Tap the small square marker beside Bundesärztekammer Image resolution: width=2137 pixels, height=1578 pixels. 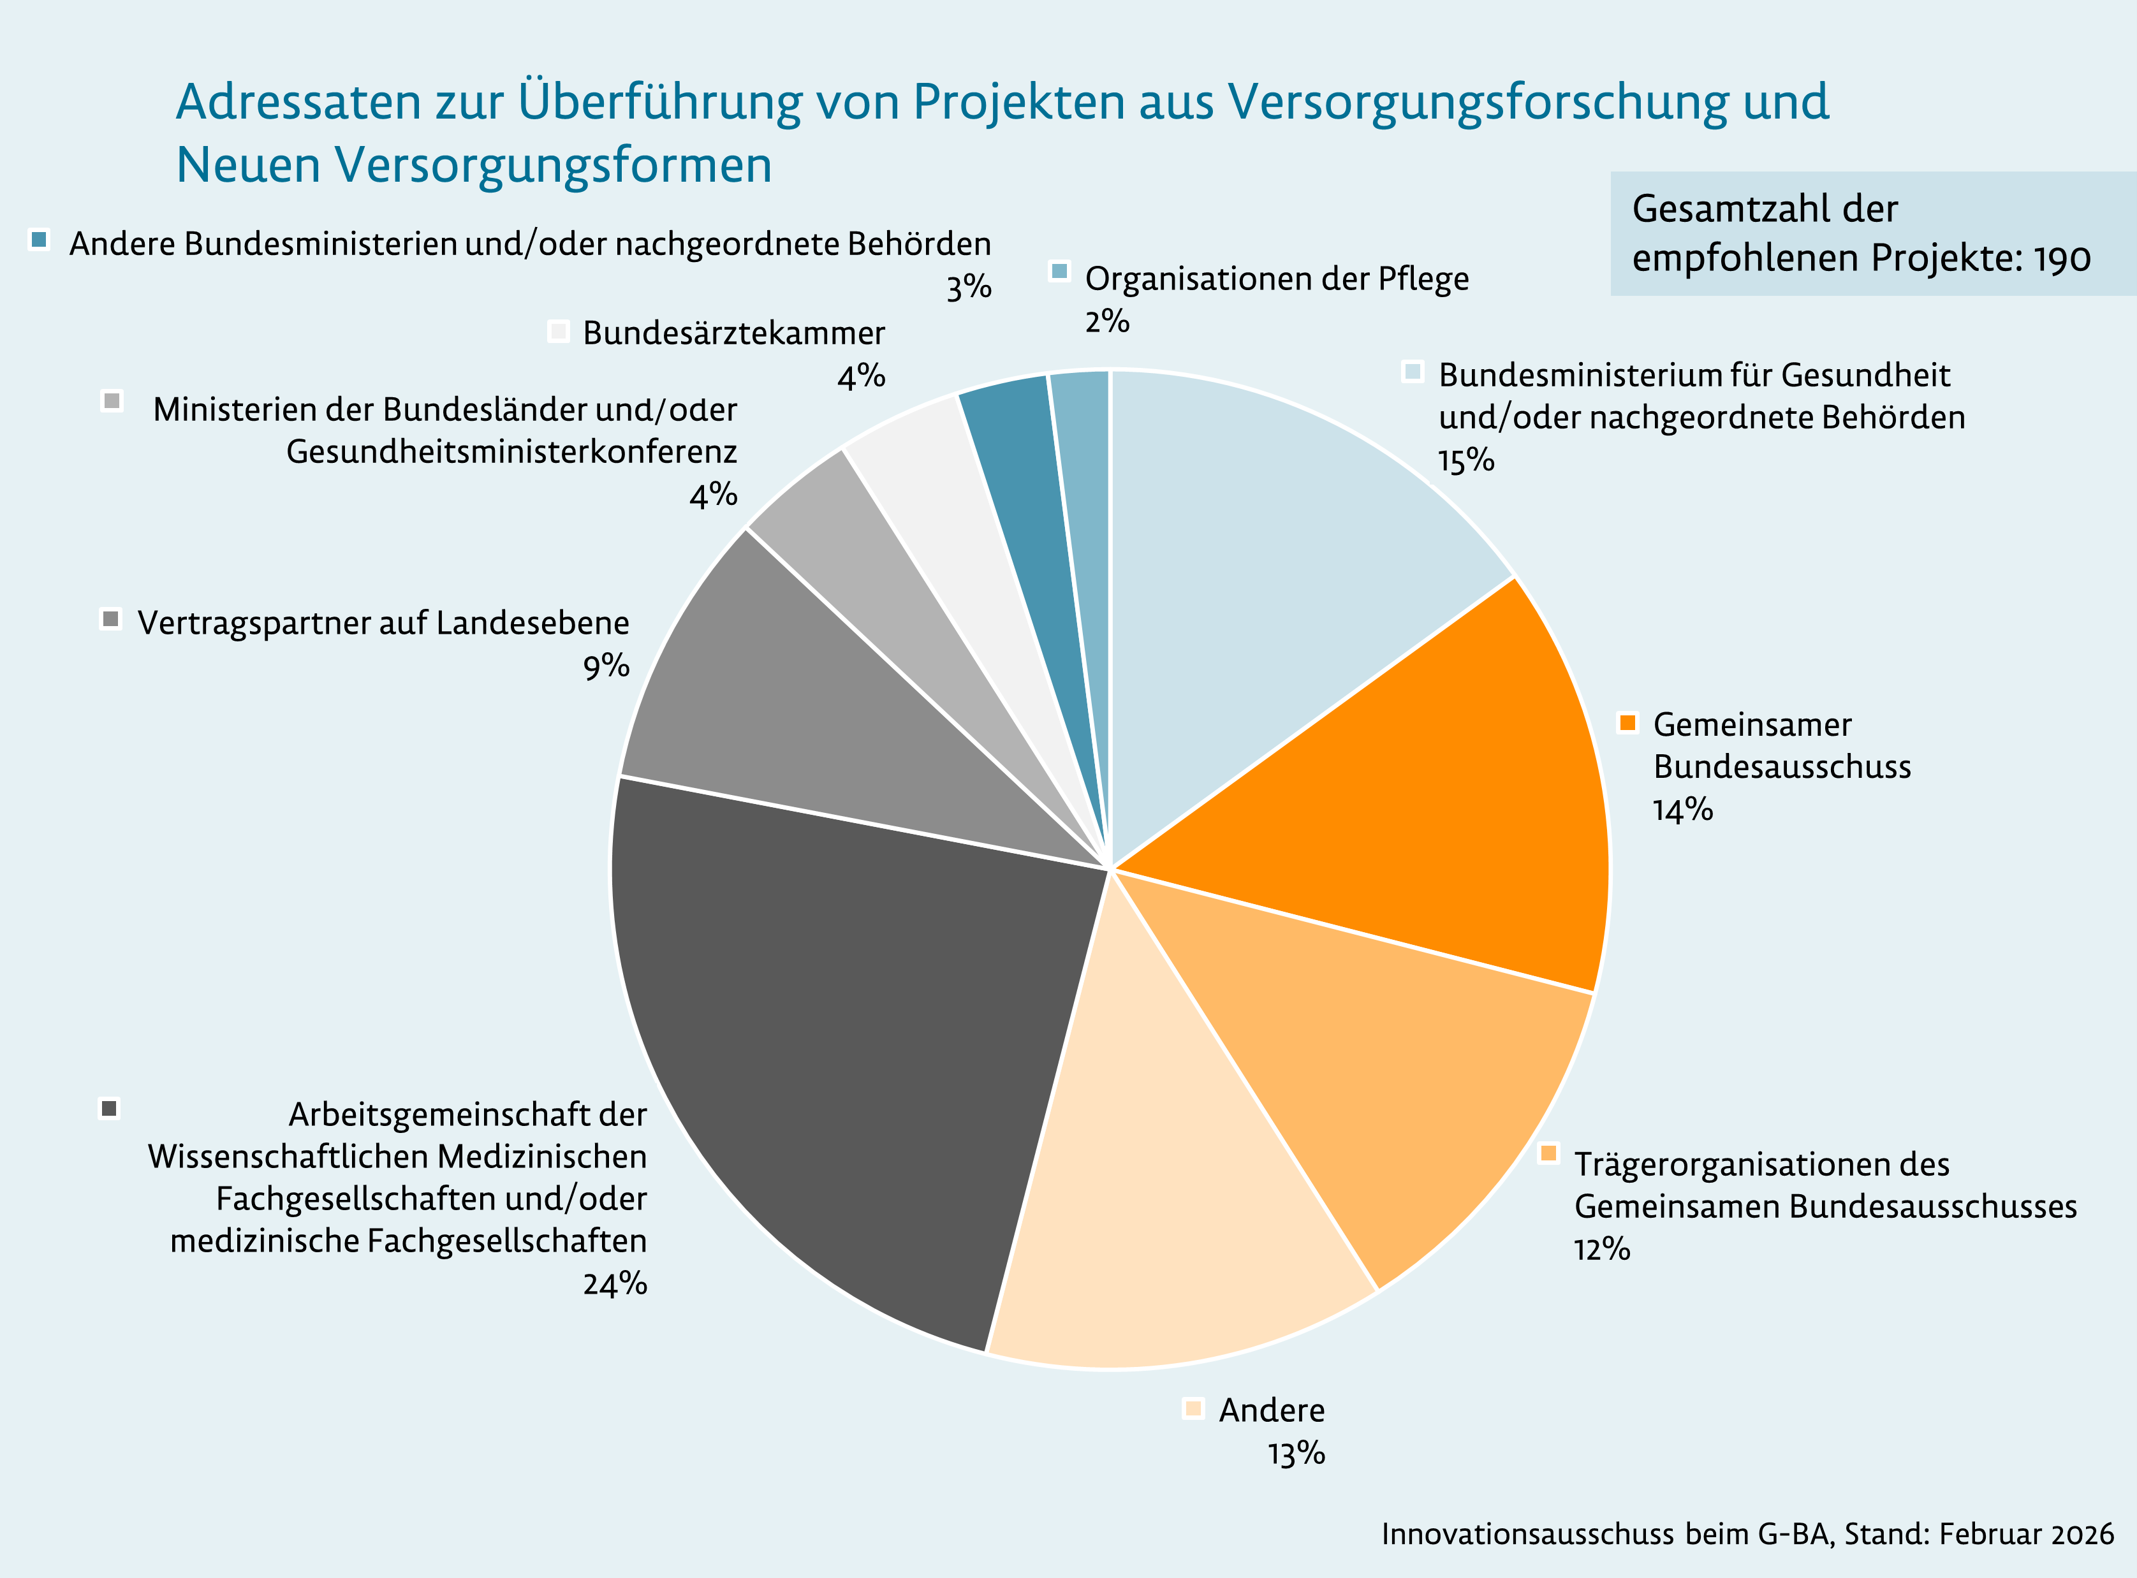click(559, 332)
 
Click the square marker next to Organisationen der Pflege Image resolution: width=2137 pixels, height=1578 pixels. click(1059, 271)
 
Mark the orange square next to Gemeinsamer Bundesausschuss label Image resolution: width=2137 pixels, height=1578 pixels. click(1628, 722)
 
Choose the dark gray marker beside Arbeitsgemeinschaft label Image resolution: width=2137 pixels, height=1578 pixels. click(110, 1108)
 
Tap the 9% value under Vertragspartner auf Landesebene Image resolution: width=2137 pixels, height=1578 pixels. click(606, 666)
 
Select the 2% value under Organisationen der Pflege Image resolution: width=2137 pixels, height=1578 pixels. click(1106, 321)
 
